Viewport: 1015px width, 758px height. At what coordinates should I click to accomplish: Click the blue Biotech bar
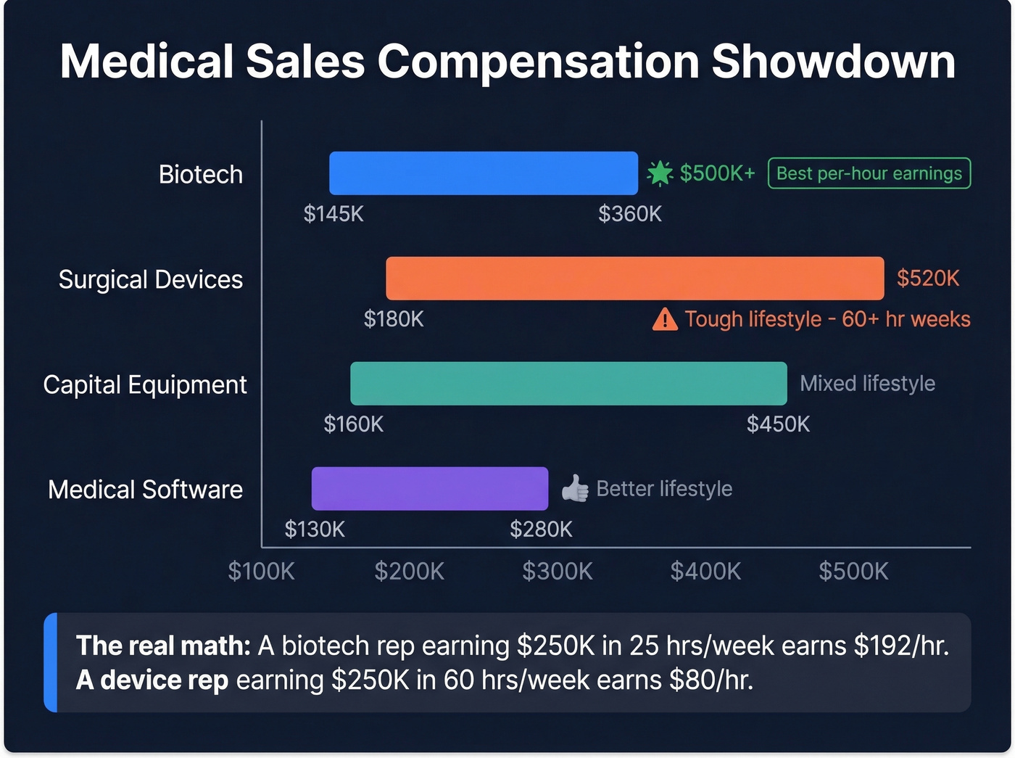[x=483, y=173]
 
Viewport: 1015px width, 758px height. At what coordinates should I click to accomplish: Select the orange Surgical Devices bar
[x=634, y=279]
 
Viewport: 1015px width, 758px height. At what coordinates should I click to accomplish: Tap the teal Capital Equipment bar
[x=568, y=384]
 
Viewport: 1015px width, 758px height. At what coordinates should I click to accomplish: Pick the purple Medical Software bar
[x=429, y=489]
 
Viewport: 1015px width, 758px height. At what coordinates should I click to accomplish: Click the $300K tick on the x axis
[x=558, y=572]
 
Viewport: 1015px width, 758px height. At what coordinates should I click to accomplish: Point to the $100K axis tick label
[x=261, y=572]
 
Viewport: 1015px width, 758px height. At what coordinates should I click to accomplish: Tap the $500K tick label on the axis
[x=853, y=572]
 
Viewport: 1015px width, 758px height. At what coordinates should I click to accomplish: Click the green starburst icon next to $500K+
[x=660, y=173]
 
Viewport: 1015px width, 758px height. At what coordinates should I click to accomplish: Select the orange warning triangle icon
[x=665, y=319]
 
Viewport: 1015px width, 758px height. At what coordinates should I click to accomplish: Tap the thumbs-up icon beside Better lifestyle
[x=576, y=489]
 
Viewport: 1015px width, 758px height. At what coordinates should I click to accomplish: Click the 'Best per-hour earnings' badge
[x=869, y=173]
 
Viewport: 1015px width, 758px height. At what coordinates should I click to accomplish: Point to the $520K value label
[x=927, y=279]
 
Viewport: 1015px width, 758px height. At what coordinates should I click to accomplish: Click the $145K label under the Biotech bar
[x=333, y=214]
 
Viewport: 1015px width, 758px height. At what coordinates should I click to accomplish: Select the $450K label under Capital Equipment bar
[x=778, y=424]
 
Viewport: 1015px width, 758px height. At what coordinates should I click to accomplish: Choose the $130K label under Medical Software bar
[x=315, y=530]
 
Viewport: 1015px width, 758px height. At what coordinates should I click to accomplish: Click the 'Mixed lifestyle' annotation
[x=867, y=384]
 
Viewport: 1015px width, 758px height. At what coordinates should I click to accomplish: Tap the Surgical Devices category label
[x=150, y=280]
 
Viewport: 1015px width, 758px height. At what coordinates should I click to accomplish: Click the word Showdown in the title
[x=833, y=62]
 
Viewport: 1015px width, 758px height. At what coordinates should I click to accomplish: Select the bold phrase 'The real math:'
[x=163, y=646]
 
